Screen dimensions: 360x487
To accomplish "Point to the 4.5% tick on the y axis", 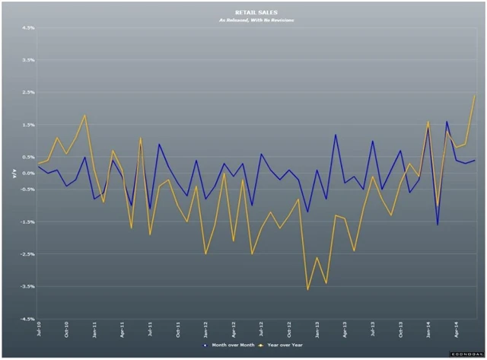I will point(28,27).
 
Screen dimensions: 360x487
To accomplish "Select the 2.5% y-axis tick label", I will point(28,92).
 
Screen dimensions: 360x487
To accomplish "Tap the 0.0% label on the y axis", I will point(28,173).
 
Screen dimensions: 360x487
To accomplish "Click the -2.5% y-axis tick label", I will point(28,254).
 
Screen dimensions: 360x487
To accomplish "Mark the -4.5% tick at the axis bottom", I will point(28,320).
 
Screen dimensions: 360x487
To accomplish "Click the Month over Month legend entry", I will point(228,344).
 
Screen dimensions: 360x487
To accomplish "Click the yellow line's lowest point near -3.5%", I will point(307,289).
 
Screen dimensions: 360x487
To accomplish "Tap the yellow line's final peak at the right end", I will point(475,96).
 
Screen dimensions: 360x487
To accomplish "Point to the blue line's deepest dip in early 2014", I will point(438,225).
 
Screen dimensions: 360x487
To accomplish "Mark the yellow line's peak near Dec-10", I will point(85,115).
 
